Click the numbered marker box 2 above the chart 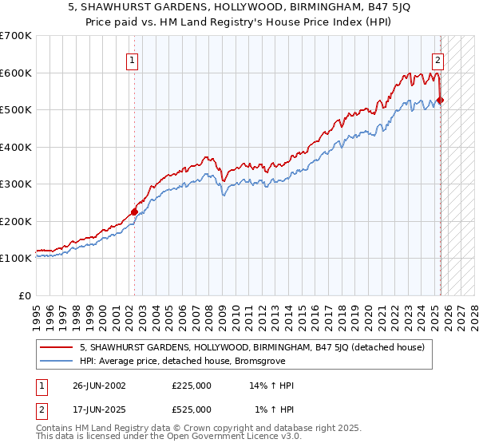coord(438,58)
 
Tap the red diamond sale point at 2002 coord(134,212)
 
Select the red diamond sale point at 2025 coord(441,101)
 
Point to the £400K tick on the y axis coord(16,147)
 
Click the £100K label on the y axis coord(16,258)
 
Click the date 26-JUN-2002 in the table coord(98,386)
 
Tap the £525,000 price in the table coord(192,409)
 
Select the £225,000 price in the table coord(192,386)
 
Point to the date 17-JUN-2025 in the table coord(98,409)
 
